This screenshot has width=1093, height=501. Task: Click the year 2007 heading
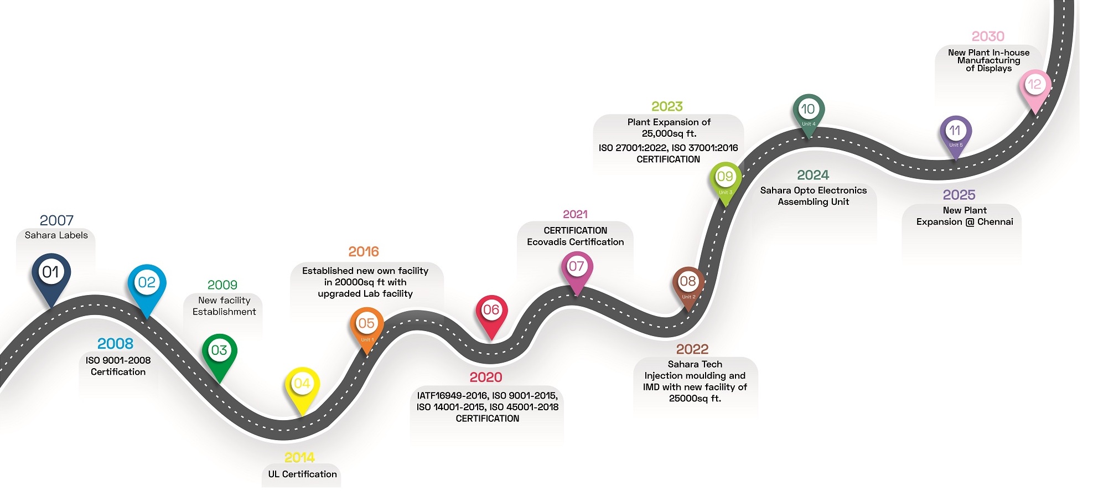(56, 220)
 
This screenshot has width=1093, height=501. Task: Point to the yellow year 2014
(299, 458)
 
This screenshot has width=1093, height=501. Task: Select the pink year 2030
(988, 37)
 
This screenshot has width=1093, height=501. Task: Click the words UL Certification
(302, 474)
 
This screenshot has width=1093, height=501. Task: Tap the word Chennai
(995, 222)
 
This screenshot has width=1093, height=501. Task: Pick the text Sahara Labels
(56, 235)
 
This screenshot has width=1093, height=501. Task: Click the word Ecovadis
(548, 242)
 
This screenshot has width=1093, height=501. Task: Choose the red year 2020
(486, 378)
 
